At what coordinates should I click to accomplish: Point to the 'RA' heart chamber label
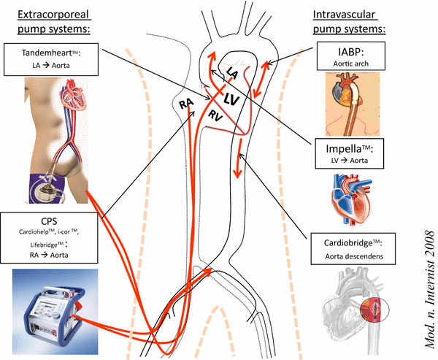coord(186,106)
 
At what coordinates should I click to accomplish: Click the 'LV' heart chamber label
coord(233,99)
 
